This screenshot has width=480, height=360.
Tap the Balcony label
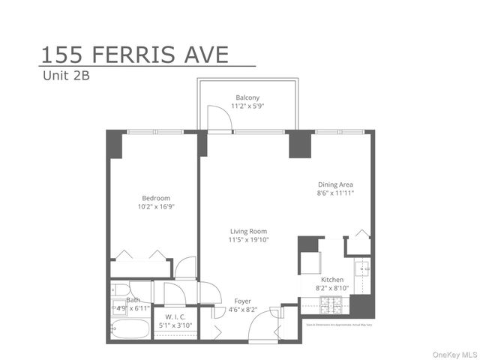pyautogui.click(x=247, y=97)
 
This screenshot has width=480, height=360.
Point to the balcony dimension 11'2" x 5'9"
pyautogui.click(x=247, y=106)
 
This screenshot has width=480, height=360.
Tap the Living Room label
pyautogui.click(x=248, y=231)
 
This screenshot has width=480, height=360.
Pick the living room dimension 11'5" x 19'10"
pyautogui.click(x=248, y=240)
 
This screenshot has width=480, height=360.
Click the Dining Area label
pyautogui.click(x=335, y=184)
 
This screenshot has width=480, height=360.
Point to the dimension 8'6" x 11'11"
pyautogui.click(x=335, y=193)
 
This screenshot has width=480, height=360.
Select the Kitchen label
pyautogui.click(x=332, y=279)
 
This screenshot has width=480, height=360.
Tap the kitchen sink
pyautogui.click(x=363, y=268)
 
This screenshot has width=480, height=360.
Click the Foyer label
pyautogui.click(x=243, y=301)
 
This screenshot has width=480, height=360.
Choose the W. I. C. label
pyautogui.click(x=175, y=317)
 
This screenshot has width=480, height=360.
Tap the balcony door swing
pyautogui.click(x=217, y=118)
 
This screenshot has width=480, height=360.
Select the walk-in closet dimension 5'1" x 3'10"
pyautogui.click(x=175, y=325)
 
